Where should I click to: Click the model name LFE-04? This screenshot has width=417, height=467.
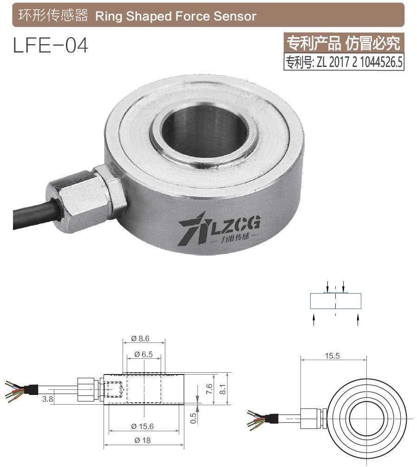coord(51,46)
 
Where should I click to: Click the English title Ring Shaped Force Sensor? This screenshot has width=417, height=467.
coord(176,16)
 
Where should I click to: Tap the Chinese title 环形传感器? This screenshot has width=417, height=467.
coord(53,16)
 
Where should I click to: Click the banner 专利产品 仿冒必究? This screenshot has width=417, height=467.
coord(344,44)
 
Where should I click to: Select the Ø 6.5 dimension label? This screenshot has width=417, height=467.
coord(143,354)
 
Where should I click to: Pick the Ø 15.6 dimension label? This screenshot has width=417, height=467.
coord(143,426)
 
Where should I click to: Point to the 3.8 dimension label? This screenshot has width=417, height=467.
coord(47,399)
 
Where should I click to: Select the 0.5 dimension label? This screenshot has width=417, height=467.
coord(194,418)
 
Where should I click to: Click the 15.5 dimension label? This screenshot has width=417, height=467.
coord(332,356)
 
